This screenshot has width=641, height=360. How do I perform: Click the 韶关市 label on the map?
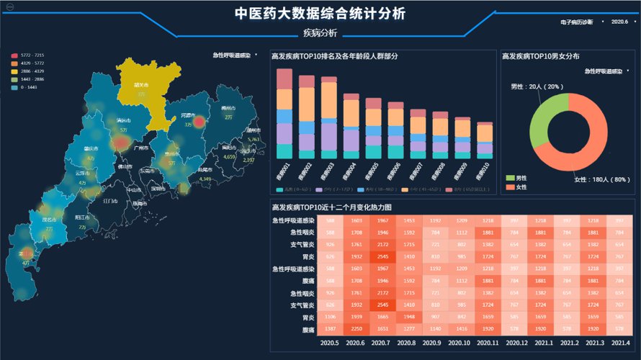click(x=140, y=84)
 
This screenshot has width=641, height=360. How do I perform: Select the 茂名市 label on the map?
click(x=49, y=219)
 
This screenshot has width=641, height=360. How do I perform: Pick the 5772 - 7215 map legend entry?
click(x=28, y=55)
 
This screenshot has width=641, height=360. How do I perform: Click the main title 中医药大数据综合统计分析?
click(x=320, y=14)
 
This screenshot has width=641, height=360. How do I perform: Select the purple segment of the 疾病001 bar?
click(x=285, y=133)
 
